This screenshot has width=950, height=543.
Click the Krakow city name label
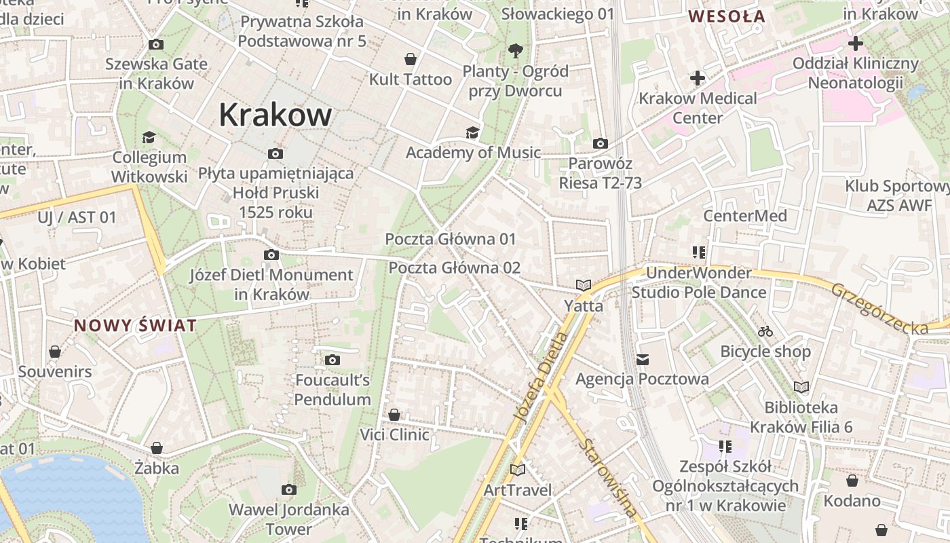pos(275,115)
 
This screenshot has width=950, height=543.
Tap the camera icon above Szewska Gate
pos(156,45)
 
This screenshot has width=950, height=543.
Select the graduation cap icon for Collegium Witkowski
pos(149,138)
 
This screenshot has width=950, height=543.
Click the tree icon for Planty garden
pos(515,50)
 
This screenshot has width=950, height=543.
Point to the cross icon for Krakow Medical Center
pos(698,78)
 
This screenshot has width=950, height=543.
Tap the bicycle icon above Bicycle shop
pos(765,331)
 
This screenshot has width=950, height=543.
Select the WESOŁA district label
pos(727,16)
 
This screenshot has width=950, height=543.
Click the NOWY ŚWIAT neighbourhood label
pos(135,325)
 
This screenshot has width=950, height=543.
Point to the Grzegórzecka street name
pos(879,310)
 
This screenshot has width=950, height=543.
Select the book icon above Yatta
pos(584,286)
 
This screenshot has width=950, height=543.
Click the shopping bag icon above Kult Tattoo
pos(410,59)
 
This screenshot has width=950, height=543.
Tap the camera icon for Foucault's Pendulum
pos(332,360)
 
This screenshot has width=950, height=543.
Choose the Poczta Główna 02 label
pos(454,267)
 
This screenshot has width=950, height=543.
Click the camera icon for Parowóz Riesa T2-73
pos(601,143)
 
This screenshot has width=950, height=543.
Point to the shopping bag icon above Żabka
pos(157,448)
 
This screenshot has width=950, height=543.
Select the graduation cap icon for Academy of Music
pos(472,132)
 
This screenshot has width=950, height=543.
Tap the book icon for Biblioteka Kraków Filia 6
pos(801,387)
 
